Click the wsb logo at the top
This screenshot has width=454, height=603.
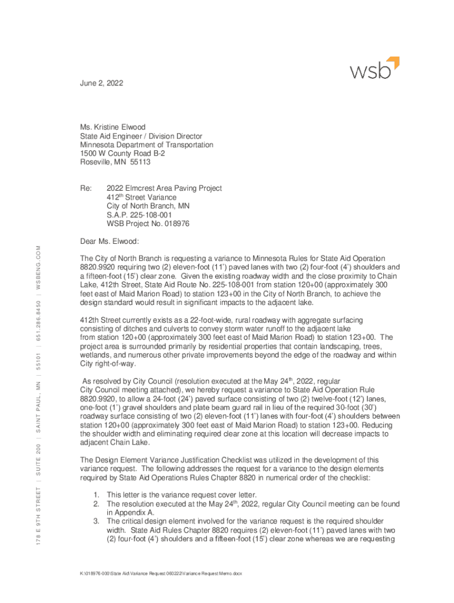pos(375,69)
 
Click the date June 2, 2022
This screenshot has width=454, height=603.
pos(102,84)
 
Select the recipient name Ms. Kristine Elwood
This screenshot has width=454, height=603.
pos(113,127)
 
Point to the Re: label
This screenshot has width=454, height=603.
pos(85,188)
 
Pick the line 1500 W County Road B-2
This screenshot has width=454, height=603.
pos(123,153)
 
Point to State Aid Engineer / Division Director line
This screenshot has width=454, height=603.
pos(142,135)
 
